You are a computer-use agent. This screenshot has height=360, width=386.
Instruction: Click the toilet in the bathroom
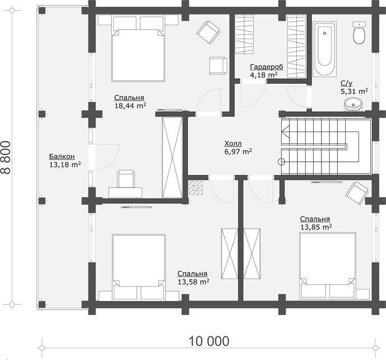(359, 33)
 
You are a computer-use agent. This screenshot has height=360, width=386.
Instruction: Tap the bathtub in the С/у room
(324, 49)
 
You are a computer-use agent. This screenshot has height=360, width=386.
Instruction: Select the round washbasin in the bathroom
(353, 104)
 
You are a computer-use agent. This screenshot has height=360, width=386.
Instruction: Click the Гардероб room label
(266, 67)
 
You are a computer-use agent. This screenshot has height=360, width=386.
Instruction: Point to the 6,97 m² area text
(238, 151)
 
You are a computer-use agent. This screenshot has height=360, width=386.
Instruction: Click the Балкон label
(62, 156)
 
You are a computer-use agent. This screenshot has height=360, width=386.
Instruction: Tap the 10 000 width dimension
(209, 341)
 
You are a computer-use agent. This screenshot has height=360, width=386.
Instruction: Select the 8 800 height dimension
(6, 157)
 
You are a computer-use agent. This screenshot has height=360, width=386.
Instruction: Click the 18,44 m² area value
(131, 106)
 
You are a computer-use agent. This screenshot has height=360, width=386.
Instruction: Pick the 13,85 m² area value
(316, 227)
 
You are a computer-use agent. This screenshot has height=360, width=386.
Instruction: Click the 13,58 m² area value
(194, 281)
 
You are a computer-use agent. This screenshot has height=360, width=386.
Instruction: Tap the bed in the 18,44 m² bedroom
(138, 48)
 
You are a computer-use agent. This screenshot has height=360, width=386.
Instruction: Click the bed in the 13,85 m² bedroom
(328, 266)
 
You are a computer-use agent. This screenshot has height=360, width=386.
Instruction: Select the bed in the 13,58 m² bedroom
(139, 267)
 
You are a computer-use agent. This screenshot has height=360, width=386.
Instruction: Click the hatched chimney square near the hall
(196, 188)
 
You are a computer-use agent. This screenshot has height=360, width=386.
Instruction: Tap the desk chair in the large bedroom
(126, 179)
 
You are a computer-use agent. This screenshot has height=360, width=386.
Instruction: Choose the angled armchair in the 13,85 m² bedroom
(357, 193)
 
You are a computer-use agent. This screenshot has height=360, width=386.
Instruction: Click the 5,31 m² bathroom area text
(354, 92)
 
